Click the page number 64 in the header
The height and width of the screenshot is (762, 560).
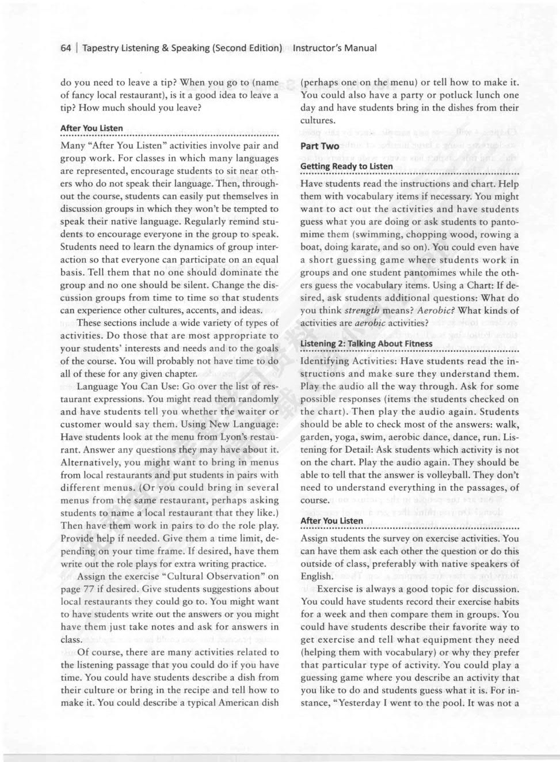65,48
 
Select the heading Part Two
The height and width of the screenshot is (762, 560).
319,146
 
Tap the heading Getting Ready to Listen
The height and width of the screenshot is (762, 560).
346,166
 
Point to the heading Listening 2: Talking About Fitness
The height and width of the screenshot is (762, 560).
366,343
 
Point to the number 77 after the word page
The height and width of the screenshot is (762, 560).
85,589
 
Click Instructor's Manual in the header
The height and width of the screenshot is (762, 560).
334,48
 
